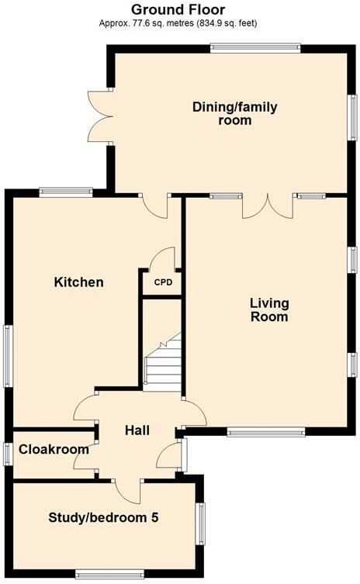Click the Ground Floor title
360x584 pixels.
point(178,9)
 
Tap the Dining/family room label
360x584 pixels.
point(234,113)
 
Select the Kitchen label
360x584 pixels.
point(78,282)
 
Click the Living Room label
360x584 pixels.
point(269,309)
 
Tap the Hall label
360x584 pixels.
point(137,430)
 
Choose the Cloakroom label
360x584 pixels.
point(54,449)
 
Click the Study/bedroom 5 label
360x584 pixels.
point(103,517)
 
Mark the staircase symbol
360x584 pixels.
point(162,365)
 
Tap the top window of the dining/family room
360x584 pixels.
point(255,47)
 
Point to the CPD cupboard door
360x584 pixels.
point(164,258)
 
